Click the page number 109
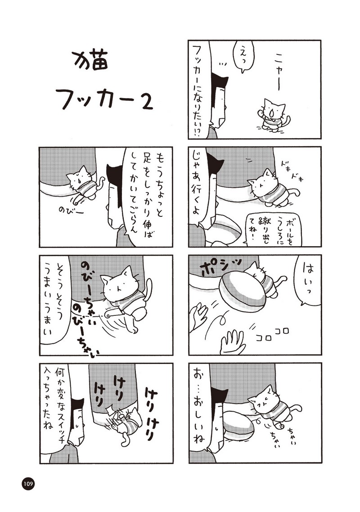pyautogui.click(x=28, y=484)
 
